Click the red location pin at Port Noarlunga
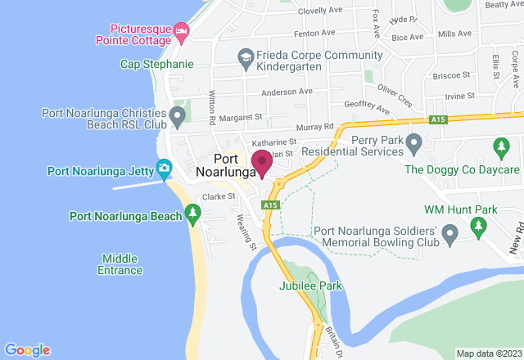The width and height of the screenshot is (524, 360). coord(262,163)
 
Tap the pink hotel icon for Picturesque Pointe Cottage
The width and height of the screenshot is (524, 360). coord(181,31)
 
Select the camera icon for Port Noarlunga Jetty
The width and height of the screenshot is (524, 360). coord(164,170)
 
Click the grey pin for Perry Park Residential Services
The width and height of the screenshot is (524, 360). coord(413,146)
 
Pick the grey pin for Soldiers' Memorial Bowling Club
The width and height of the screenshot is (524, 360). coord(449,236)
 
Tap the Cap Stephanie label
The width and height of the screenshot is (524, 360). coord(156,64)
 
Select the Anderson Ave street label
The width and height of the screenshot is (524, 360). coord(287,91)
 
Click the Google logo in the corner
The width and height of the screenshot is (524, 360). coord(27,350)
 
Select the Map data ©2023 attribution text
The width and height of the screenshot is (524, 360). coord(488,353)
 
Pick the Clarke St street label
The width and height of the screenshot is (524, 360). coord(219,196)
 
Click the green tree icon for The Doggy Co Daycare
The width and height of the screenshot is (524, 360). coord(499,147)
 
